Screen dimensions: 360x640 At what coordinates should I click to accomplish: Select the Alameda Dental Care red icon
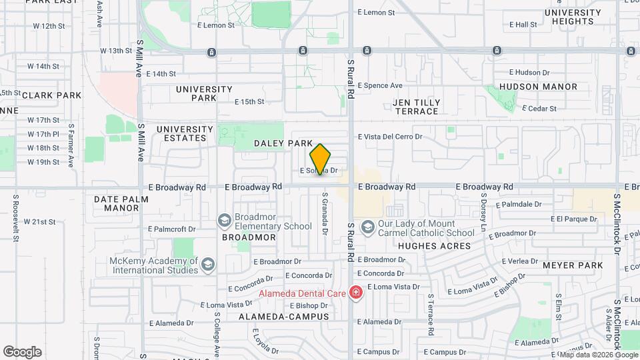pos(357,293)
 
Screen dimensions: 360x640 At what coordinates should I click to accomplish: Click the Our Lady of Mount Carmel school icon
pos(367,228)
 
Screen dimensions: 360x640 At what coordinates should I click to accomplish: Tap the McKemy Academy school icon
pos(209,265)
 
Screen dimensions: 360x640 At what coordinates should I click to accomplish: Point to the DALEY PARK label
pos(283,143)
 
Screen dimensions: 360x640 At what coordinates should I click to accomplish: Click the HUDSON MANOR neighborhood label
pos(538,87)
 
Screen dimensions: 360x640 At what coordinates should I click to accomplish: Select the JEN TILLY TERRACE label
pos(417,107)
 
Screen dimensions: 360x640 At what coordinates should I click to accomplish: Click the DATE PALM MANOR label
pos(117,203)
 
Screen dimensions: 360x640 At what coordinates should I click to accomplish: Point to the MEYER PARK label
pos(573,265)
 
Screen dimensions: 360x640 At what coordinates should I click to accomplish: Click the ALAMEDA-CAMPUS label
pos(284,317)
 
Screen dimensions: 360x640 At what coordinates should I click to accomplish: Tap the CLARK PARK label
pos(52,95)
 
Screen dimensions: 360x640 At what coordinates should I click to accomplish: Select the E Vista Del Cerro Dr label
pos(391,137)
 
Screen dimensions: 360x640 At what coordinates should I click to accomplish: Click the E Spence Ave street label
pos(380,85)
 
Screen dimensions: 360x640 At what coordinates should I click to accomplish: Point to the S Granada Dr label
pos(325,214)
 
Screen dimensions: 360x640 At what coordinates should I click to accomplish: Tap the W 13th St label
pos(117,51)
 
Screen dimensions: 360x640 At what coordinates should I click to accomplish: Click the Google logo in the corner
pos(22,351)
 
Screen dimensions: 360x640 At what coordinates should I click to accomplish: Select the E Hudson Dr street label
pos(529,72)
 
